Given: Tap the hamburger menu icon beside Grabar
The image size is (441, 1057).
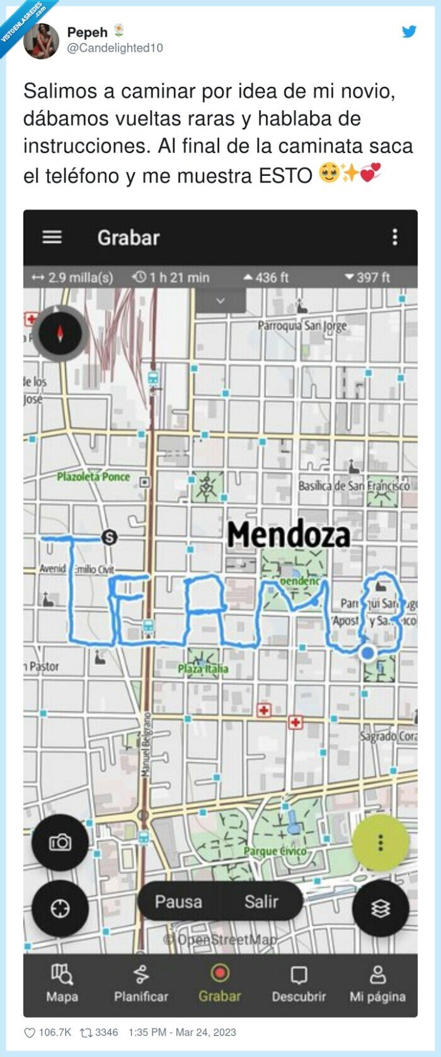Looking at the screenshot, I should pyautogui.click(x=52, y=237).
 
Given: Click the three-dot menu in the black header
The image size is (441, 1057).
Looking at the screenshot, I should pyautogui.click(x=395, y=237).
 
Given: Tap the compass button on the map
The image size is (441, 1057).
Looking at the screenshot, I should pyautogui.click(x=60, y=333).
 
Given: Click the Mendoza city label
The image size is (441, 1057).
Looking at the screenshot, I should pyautogui.click(x=289, y=534).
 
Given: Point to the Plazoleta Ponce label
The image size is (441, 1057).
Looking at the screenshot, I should pyautogui.click(x=93, y=477).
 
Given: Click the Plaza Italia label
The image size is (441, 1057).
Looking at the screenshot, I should pyautogui.click(x=203, y=669).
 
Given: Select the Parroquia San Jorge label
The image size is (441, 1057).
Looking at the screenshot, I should pyautogui.click(x=302, y=326).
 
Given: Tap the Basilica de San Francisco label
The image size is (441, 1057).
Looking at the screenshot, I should pyautogui.click(x=353, y=485).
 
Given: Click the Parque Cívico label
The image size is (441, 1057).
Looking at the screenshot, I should pyautogui.click(x=275, y=852).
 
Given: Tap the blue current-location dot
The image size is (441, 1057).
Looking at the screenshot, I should pyautogui.click(x=367, y=653).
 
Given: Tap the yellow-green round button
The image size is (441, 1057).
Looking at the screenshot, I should pyautogui.click(x=380, y=842).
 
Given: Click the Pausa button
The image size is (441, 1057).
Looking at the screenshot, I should pyautogui.click(x=178, y=901).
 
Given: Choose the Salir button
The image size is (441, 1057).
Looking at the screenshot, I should pyautogui.click(x=261, y=901).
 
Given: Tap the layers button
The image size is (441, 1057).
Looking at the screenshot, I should pyautogui.click(x=380, y=908).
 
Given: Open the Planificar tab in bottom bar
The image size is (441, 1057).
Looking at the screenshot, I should pyautogui.click(x=141, y=983).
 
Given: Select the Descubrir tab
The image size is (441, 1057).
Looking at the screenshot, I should pyautogui.click(x=299, y=983).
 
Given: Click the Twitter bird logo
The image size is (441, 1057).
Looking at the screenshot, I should pyautogui.click(x=409, y=32).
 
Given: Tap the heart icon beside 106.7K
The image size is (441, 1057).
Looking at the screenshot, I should pyautogui.click(x=30, y=1032).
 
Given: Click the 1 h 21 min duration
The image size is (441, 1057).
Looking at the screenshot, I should pyautogui.click(x=171, y=277).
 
